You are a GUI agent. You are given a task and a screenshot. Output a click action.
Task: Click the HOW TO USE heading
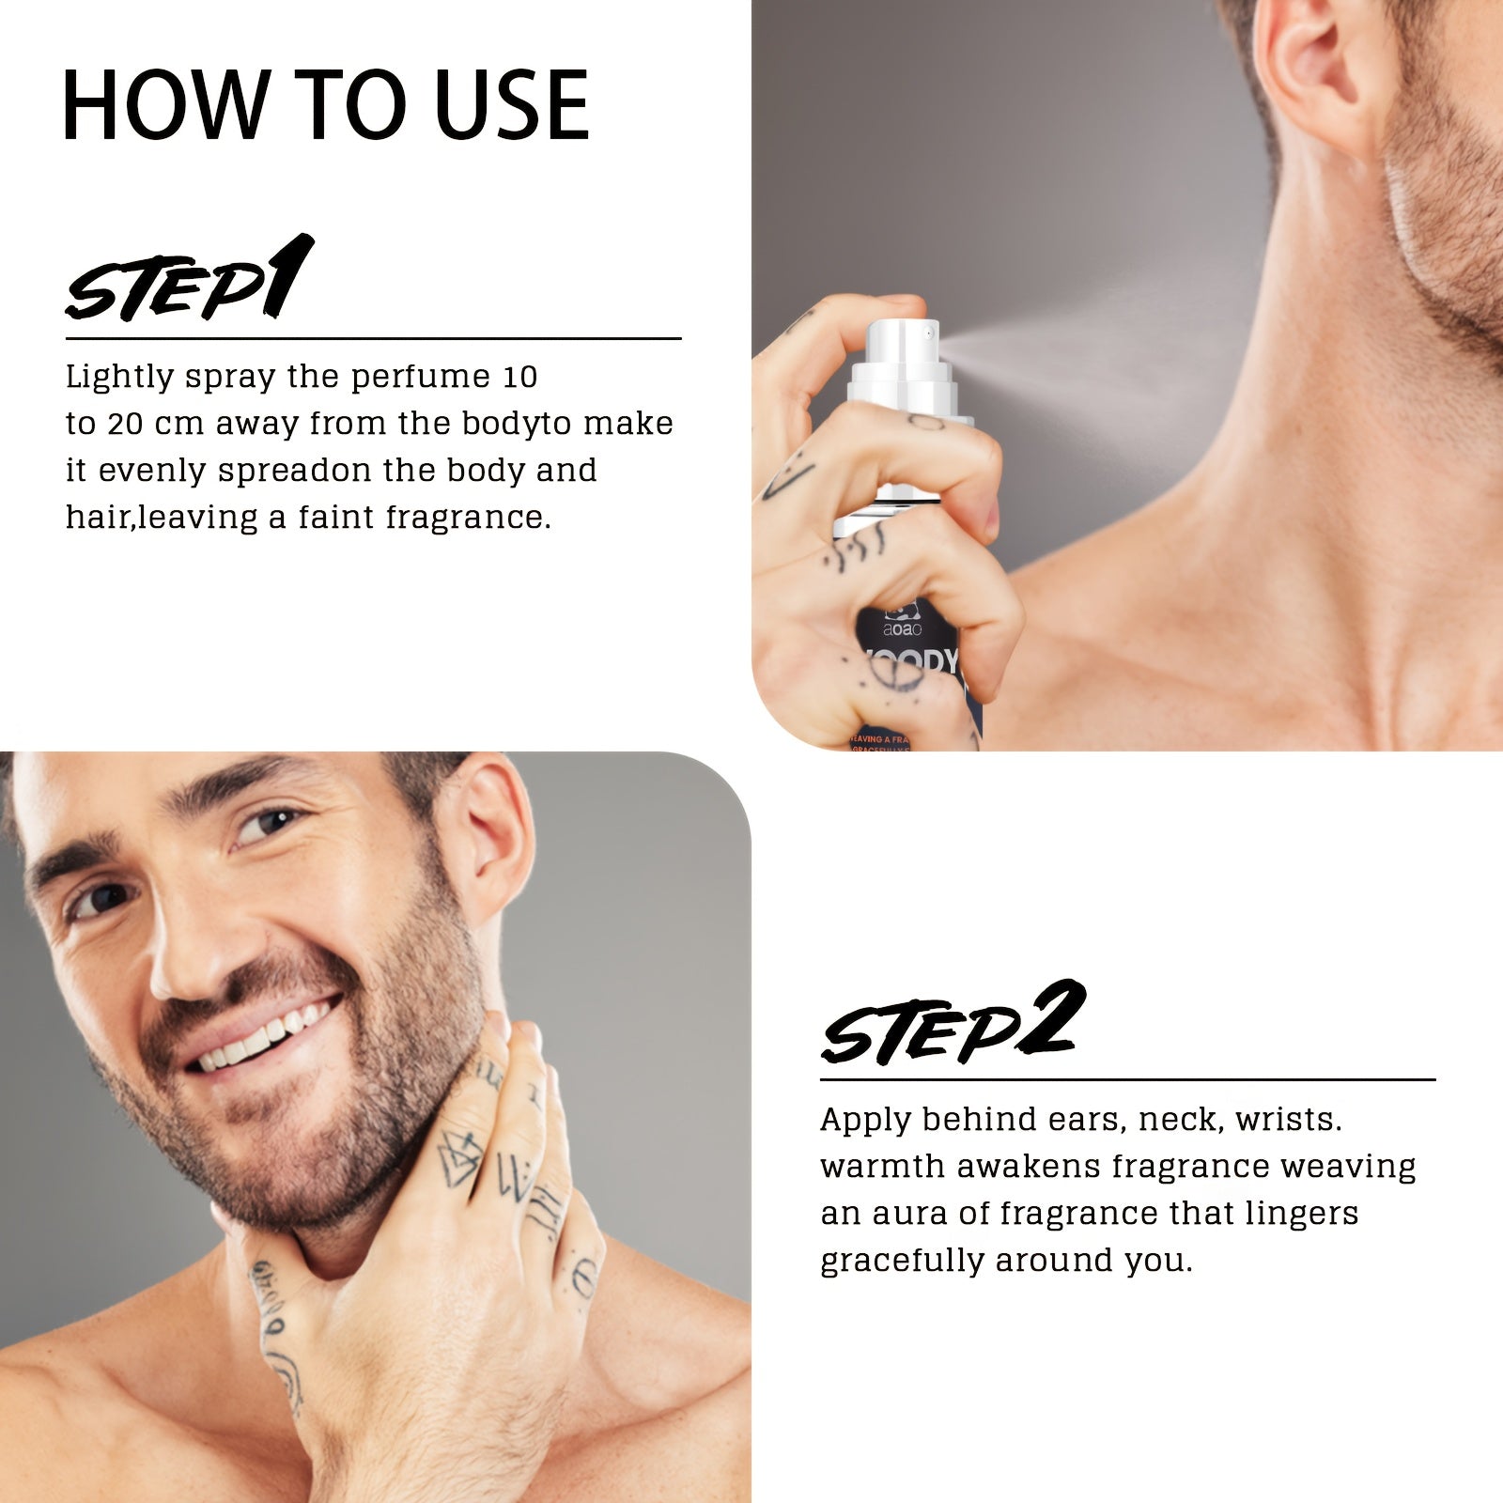tap(325, 104)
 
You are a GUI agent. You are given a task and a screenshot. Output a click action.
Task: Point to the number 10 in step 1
tap(519, 377)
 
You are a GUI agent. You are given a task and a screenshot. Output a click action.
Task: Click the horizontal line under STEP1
tap(373, 338)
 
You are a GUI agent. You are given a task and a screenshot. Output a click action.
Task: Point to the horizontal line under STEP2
tap(1127, 1080)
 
